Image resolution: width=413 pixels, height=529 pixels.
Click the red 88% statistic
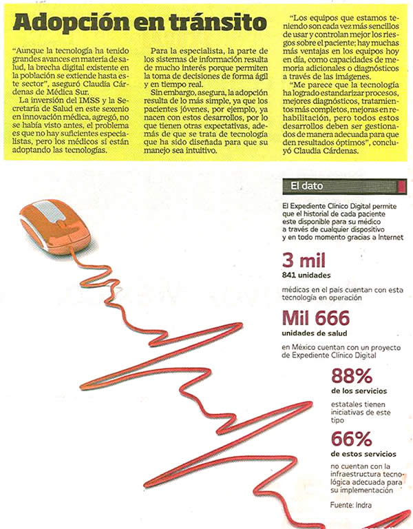[x=351, y=376]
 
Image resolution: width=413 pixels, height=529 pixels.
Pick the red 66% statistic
[x=351, y=438]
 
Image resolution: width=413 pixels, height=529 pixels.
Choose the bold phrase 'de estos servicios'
[x=363, y=454]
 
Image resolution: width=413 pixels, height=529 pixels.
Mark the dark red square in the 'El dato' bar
[x=401, y=185]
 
